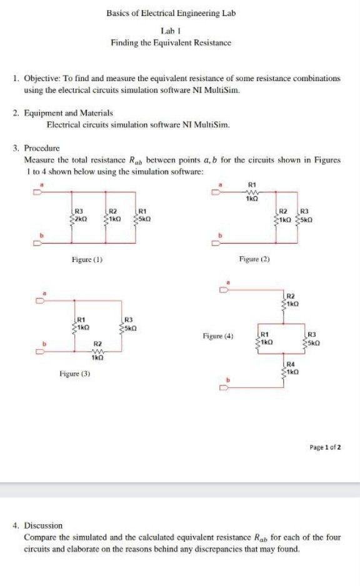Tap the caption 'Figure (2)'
pos(254,258)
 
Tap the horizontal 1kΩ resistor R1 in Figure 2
pos(252,192)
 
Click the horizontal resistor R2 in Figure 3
pos(97,350)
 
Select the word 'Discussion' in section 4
pos(44,526)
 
